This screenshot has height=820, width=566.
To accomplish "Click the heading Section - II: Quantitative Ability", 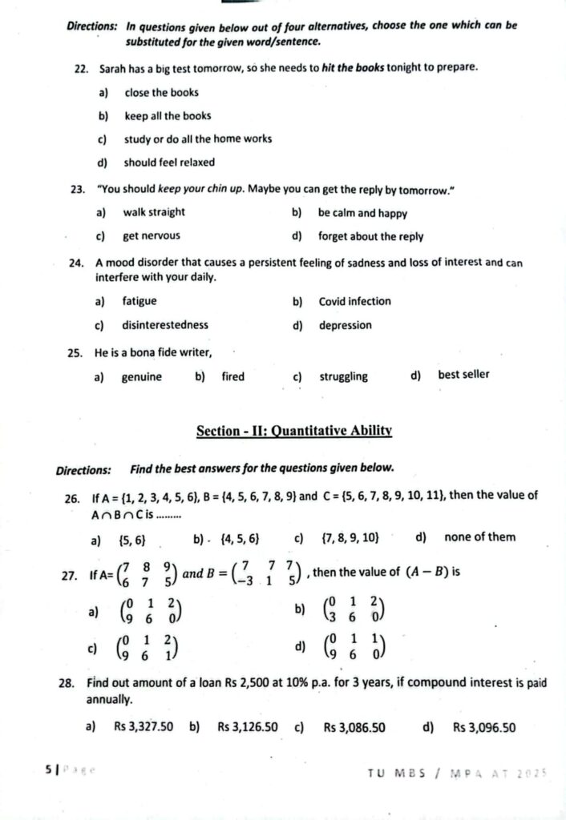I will point(293,431).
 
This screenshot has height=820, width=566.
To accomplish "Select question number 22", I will point(80,68).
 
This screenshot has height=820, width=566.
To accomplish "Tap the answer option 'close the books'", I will point(161,92).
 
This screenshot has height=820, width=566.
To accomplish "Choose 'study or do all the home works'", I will point(197,139).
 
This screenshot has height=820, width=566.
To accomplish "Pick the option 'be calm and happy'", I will point(362,213).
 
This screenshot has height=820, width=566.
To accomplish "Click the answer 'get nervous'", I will point(151,236).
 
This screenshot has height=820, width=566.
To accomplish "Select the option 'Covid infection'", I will point(354,302).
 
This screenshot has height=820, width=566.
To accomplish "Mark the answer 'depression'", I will point(345,325).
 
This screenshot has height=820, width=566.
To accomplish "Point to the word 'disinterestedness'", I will point(164,325).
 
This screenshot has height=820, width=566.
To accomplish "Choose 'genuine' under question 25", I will point(141,376).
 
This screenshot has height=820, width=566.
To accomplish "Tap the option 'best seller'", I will point(463,374).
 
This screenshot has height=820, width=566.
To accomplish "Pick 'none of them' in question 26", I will point(479,537).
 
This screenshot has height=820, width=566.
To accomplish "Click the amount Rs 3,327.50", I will point(144,728).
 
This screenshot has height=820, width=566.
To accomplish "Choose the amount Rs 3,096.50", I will point(483,728).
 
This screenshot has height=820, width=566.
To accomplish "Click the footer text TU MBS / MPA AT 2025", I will point(457,773).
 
